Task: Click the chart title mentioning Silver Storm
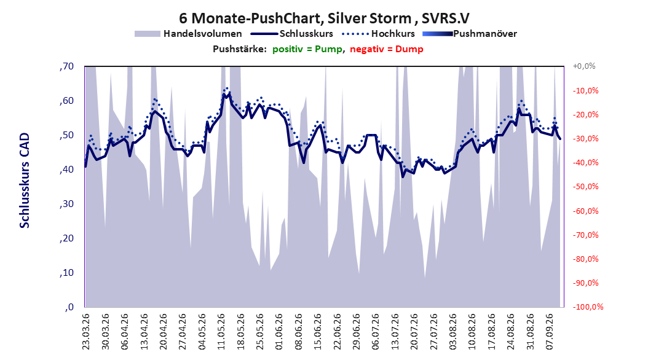[324, 18]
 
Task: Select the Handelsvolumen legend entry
[189, 34]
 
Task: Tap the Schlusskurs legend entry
[292, 34]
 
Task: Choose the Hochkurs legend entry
[379, 34]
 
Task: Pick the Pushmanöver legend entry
[470, 34]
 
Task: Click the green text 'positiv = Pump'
[307, 49]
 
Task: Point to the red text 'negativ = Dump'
[387, 49]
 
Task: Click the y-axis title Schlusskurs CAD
[25, 181]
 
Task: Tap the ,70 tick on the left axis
[66, 66]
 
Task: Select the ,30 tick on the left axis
[66, 204]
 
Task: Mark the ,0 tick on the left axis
[69, 307]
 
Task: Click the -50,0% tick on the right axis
[585, 187]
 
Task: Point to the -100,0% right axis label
[588, 307]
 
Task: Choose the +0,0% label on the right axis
[584, 66]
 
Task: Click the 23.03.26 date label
[86, 332]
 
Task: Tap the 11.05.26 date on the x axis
[221, 332]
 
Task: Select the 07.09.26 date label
[550, 332]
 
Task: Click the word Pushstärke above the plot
[240, 49]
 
